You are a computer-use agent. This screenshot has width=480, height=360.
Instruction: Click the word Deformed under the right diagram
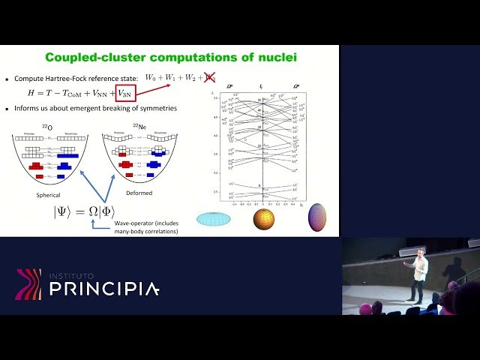(139, 193)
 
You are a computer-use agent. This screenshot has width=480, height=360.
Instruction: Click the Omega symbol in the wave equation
(94, 212)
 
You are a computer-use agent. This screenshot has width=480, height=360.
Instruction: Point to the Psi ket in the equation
(63, 212)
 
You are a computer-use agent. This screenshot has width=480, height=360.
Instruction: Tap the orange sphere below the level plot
(263, 219)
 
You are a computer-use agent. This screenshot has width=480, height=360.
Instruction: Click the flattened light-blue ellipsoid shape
(214, 219)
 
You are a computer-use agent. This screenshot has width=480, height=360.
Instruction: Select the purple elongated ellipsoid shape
(317, 217)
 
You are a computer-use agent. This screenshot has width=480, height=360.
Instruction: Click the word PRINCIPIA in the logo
(104, 289)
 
